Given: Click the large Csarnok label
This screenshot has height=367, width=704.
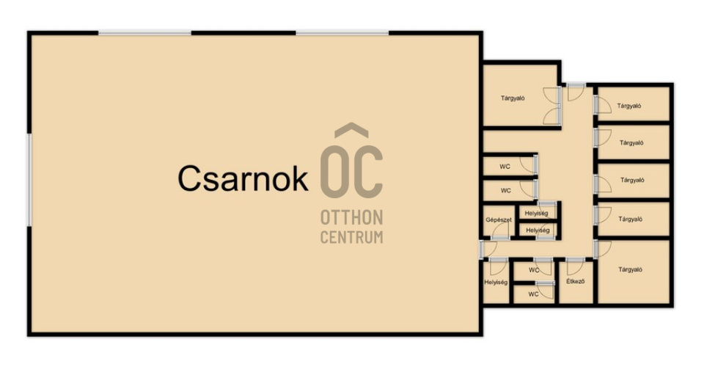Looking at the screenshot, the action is (243, 179).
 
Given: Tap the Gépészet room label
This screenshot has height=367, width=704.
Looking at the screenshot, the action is (499, 220).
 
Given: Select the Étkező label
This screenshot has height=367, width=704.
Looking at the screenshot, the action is (575, 282).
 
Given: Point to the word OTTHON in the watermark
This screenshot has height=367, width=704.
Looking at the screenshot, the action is (351, 218).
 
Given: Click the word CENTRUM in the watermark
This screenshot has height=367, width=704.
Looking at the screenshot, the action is (351, 237).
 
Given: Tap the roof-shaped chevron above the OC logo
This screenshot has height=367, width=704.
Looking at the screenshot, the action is (351, 130).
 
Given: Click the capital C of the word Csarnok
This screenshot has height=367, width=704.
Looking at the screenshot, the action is (188, 179).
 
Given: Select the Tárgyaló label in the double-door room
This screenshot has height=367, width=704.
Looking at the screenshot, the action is (513, 98).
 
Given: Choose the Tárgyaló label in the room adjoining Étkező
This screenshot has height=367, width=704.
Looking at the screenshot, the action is (631, 269).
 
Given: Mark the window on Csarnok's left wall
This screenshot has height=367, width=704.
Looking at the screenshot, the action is (29, 180).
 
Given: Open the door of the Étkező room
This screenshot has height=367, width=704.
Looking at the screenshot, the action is (575, 266).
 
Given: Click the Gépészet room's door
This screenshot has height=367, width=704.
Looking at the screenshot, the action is (499, 230).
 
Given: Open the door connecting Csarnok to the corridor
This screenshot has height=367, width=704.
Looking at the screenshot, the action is (488, 250).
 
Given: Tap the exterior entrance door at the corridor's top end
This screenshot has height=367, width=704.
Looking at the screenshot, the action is (575, 92).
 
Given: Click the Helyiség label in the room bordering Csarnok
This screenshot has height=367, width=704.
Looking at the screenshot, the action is (496, 282).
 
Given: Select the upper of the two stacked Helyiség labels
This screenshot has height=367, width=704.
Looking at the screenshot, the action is (536, 214).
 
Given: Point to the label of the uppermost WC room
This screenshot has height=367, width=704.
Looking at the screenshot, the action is (505, 167).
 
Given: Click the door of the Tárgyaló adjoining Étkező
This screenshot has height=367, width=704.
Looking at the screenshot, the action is (602, 250).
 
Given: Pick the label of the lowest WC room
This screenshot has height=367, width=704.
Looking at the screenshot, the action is (533, 294).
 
